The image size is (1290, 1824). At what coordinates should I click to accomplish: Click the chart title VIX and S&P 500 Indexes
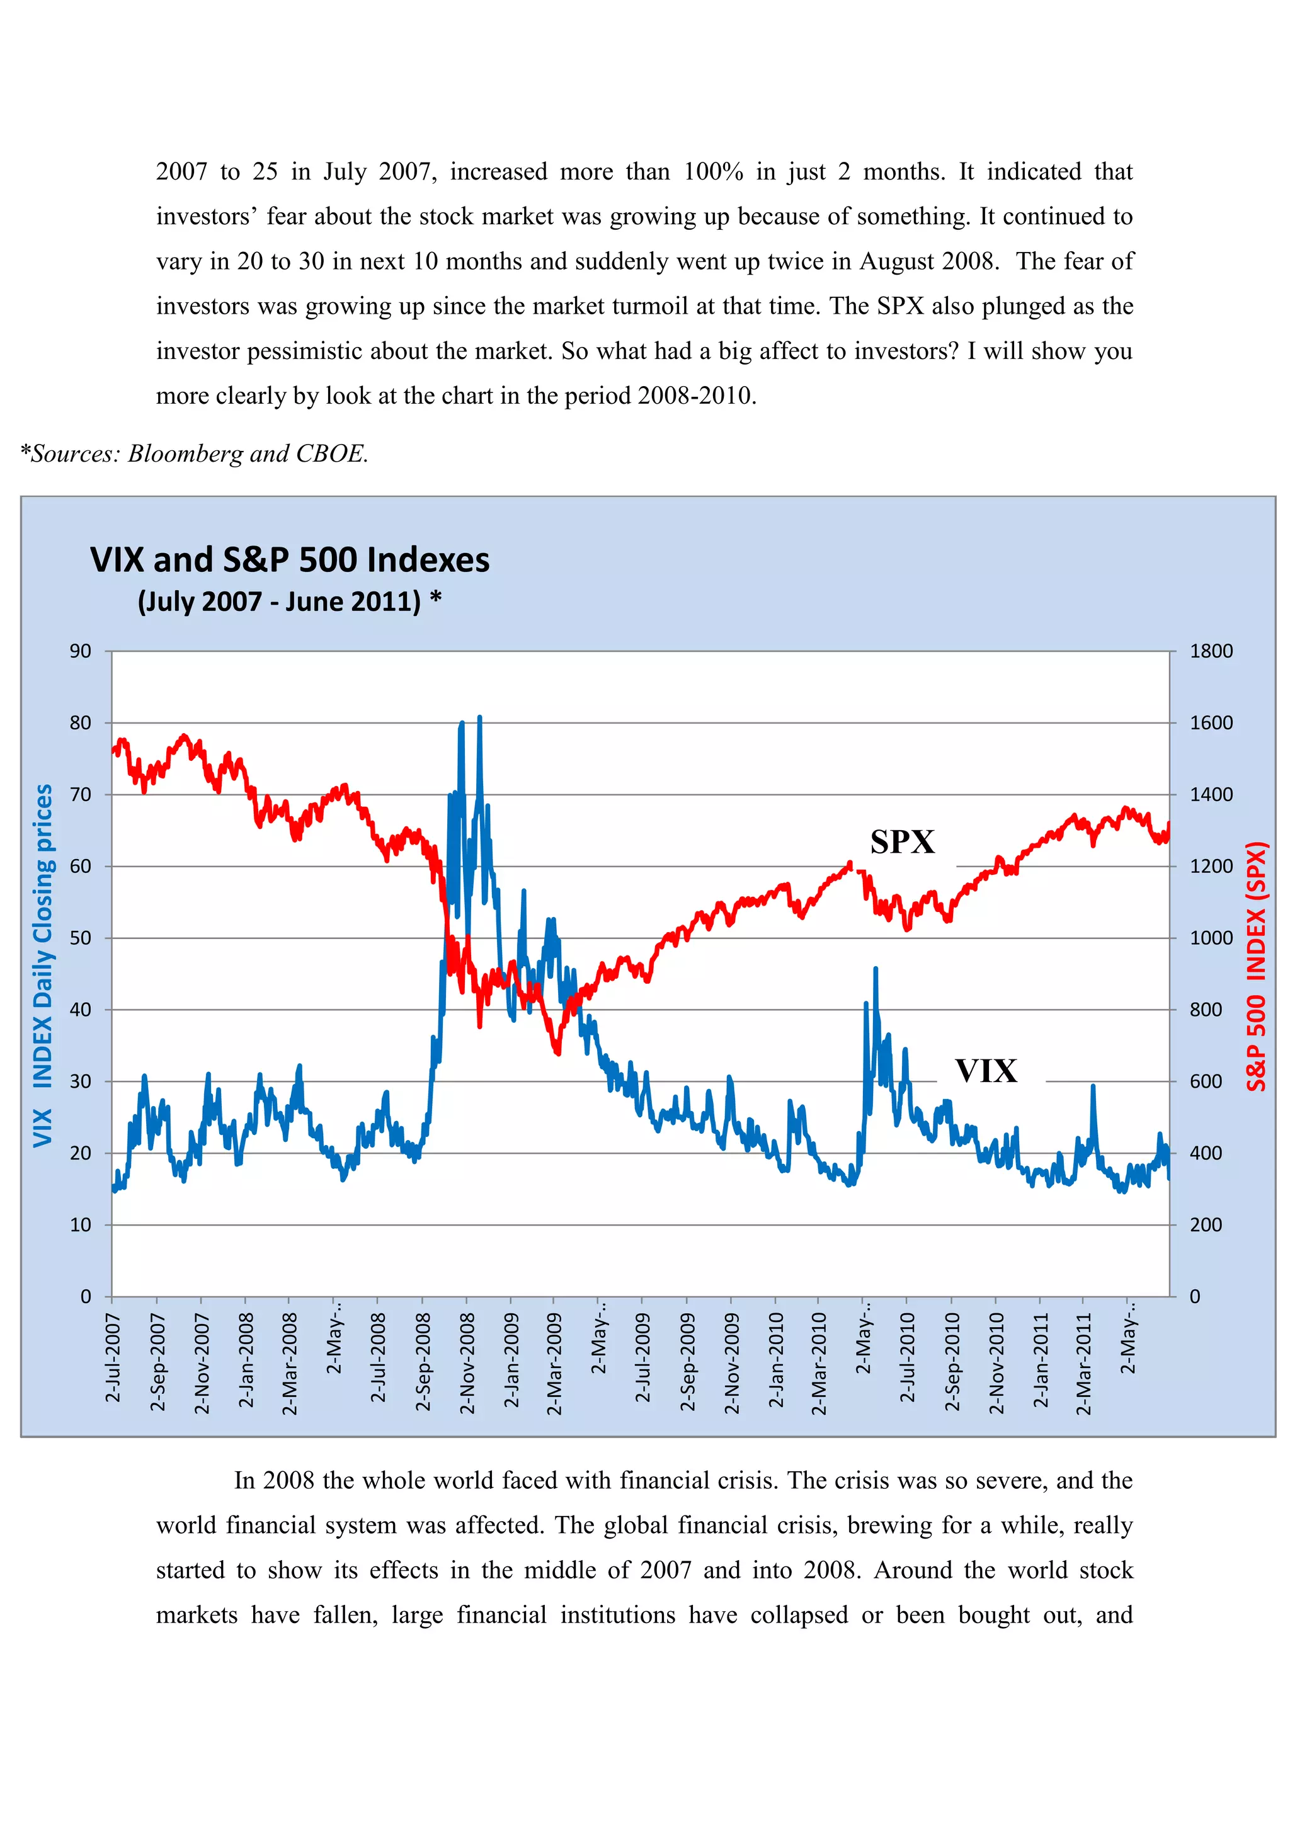coord(289,560)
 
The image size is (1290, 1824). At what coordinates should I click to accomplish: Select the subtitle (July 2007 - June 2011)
coord(280,601)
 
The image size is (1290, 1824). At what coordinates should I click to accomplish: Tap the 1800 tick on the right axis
coord(1211,651)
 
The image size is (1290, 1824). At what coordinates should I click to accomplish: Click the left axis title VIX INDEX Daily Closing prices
coord(42,966)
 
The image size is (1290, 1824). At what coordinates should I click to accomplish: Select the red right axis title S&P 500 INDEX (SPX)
coord(1256,966)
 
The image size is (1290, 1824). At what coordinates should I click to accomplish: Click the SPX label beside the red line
coord(903,842)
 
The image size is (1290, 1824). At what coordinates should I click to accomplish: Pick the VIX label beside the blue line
coord(986,1071)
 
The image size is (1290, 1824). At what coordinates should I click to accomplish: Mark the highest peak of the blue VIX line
coord(479,718)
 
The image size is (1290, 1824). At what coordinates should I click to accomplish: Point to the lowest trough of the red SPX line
coord(557,1052)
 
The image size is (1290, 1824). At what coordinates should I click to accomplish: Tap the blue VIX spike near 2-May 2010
coord(876,969)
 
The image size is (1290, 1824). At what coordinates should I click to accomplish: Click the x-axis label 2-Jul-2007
coord(113,1358)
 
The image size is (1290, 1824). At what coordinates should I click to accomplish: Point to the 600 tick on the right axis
coord(1205,1081)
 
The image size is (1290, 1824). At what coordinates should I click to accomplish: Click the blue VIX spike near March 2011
coord(1093,1086)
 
